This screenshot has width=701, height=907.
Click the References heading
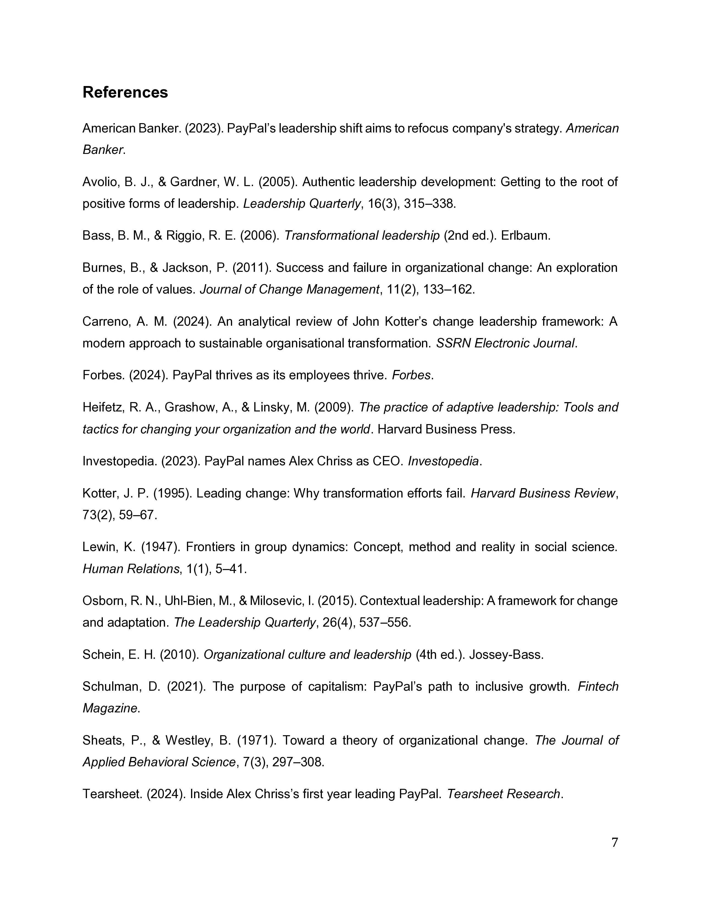click(125, 92)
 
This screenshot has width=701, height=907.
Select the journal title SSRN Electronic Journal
click(505, 343)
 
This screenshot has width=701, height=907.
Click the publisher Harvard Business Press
click(446, 429)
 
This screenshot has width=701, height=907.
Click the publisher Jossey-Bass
click(506, 654)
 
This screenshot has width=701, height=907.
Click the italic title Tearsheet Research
click(504, 794)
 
